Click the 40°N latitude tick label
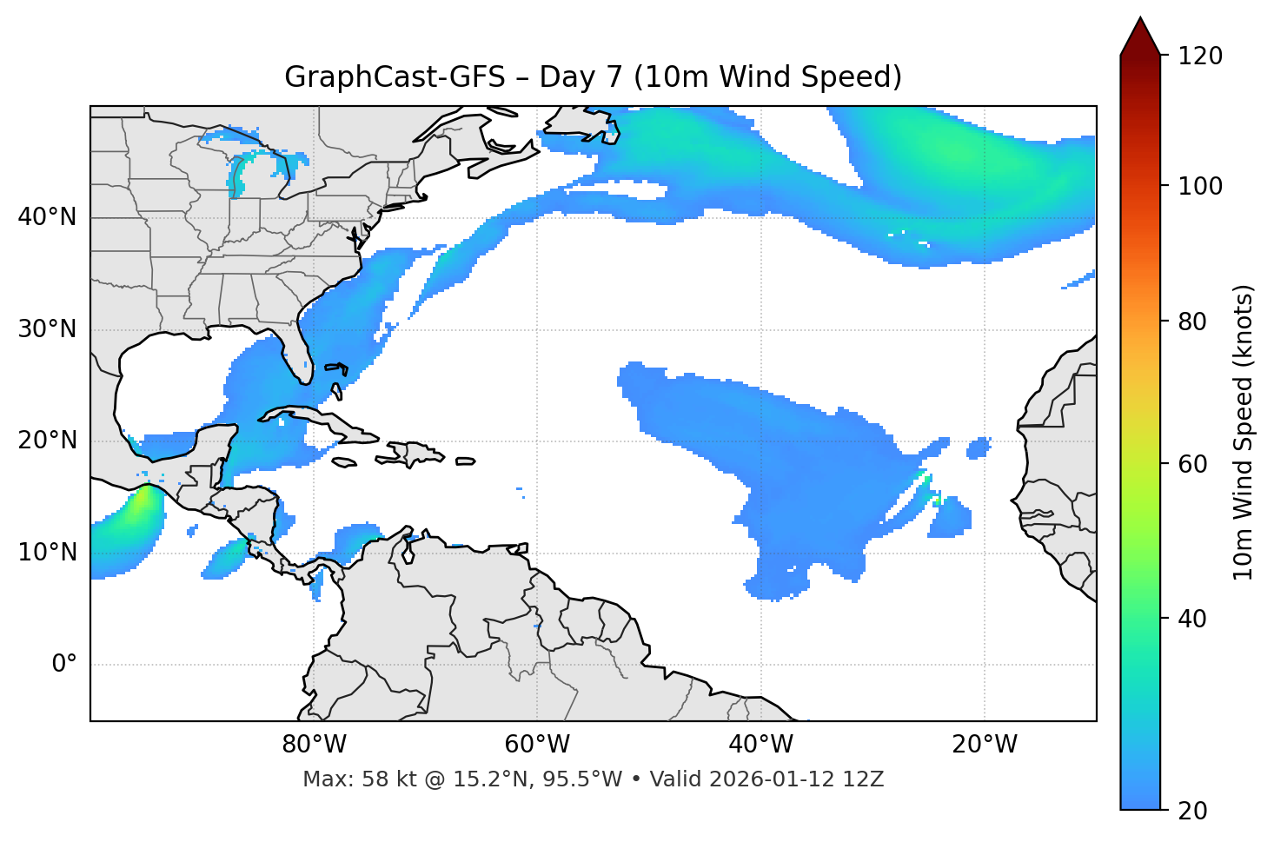47,217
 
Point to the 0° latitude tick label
64,665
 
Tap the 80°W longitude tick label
314,745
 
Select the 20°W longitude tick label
985,745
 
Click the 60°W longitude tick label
537,745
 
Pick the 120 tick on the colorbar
1199,56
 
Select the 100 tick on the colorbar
1199,186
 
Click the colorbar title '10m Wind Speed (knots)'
1244,433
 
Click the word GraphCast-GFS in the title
395,77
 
